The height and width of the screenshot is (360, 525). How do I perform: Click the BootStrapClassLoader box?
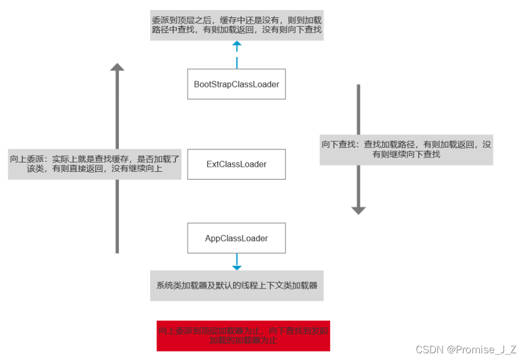[x=236, y=84]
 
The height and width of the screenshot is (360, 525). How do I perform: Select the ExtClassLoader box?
[x=236, y=164]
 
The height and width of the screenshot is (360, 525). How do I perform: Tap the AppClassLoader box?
[x=236, y=238]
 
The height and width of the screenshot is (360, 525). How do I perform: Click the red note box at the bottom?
[x=243, y=335]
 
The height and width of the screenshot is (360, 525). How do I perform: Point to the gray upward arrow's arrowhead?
[x=117, y=67]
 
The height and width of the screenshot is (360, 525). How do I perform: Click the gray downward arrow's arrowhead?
[x=358, y=210]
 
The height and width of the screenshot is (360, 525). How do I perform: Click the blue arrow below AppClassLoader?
[x=237, y=262]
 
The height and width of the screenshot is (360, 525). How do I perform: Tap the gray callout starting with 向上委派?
[x=95, y=164]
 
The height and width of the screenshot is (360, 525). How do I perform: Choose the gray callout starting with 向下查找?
[x=406, y=149]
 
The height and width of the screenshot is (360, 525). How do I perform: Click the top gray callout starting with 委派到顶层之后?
[x=237, y=25]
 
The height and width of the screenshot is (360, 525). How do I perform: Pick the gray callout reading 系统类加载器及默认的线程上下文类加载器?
[x=237, y=285]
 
